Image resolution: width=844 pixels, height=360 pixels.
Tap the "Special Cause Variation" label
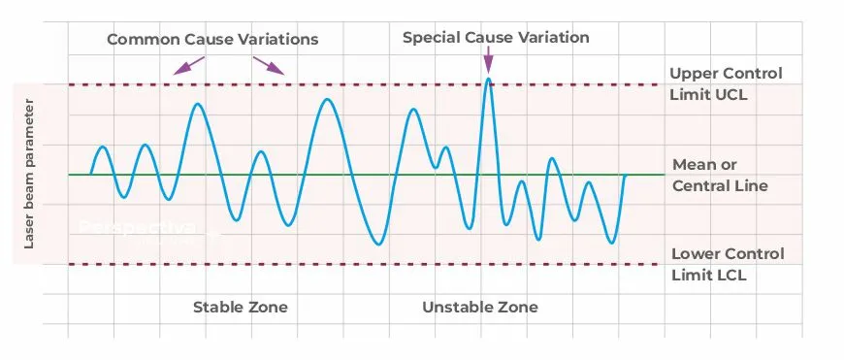tap(496, 38)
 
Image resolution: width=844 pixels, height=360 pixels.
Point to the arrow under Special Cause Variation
tap(487, 61)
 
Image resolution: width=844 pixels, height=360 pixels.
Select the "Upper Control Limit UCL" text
tap(726, 84)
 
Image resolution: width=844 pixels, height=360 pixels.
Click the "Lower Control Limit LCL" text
tap(726, 265)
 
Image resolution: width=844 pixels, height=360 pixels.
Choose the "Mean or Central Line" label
tap(720, 176)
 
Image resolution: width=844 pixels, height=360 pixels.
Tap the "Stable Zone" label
tap(241, 308)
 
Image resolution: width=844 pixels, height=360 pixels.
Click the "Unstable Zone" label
tap(479, 308)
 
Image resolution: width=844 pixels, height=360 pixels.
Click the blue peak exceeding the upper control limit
tap(488, 80)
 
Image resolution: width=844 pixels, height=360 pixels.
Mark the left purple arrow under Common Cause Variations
tap(188, 65)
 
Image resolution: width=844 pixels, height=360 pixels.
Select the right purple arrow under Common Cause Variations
tap(270, 65)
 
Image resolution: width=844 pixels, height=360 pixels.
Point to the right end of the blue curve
tap(625, 176)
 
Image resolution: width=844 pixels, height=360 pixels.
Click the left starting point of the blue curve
tap(90, 175)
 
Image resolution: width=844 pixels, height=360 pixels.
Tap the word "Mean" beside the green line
tap(693, 165)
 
